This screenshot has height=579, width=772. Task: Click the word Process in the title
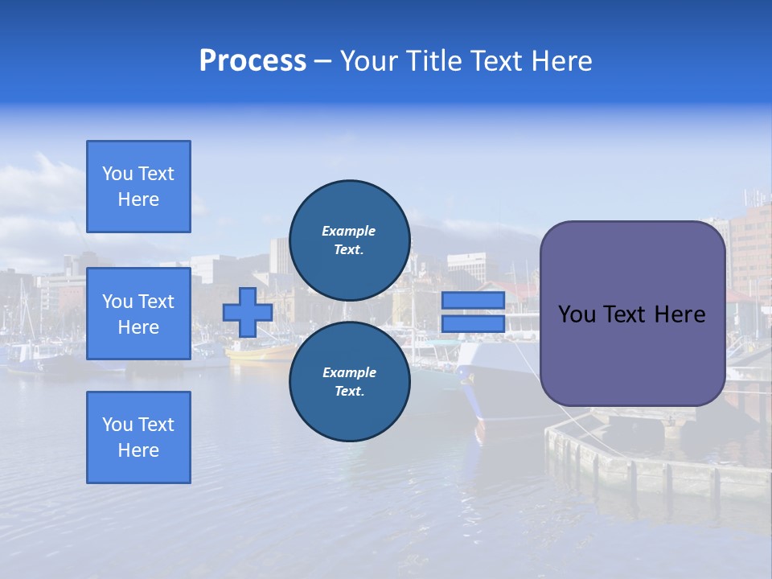[253, 61]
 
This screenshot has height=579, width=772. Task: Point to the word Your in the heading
[370, 61]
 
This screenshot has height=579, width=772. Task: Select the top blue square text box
[138, 187]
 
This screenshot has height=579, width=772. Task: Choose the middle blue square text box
[138, 314]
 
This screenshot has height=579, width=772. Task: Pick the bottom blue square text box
[138, 437]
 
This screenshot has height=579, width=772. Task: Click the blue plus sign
[247, 313]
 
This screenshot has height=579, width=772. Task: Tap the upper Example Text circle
[349, 240]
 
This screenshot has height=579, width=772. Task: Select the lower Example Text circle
[349, 382]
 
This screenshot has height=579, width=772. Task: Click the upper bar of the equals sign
[473, 300]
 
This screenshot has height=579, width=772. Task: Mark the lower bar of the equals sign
[473, 323]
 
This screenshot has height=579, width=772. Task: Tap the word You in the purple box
[577, 314]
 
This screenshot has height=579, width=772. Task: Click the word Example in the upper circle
[349, 231]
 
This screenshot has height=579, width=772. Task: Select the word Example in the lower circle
[349, 372]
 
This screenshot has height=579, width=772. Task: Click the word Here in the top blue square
[138, 199]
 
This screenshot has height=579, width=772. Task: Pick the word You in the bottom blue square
[117, 425]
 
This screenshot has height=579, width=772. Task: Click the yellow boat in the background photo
[261, 351]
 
